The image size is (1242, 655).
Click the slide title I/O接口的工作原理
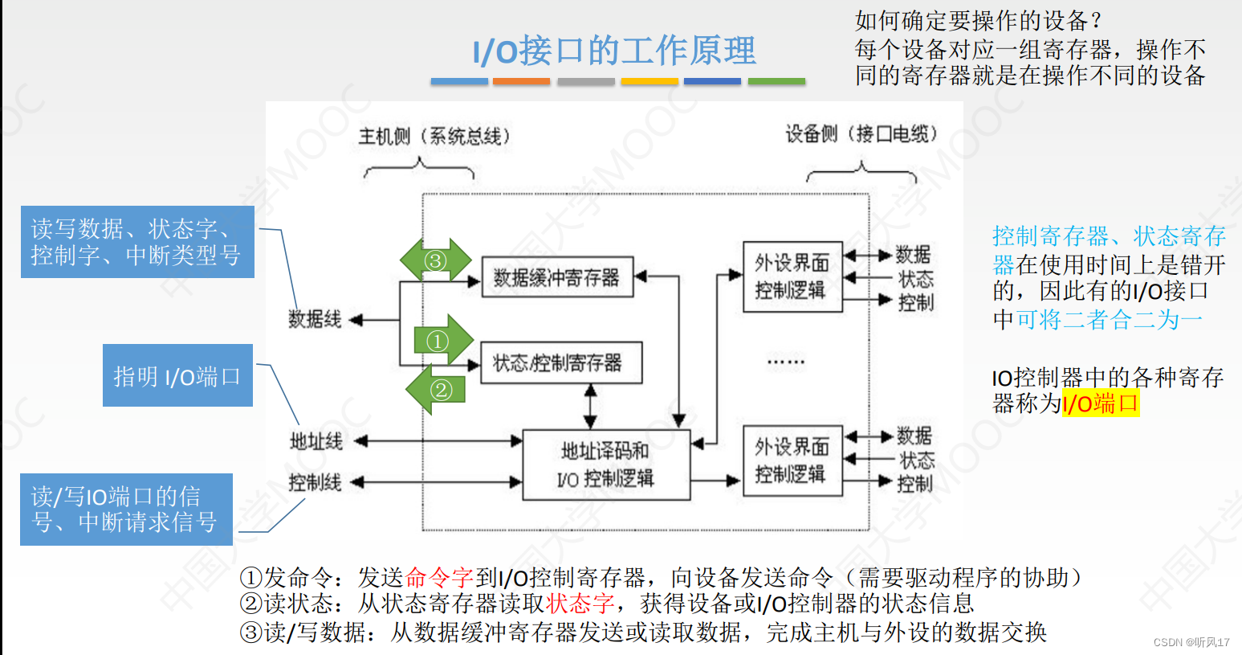(x=614, y=51)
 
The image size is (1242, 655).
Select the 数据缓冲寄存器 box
(x=557, y=277)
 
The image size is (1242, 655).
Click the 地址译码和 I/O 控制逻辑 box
(x=606, y=465)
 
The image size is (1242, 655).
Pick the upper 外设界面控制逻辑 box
(x=792, y=276)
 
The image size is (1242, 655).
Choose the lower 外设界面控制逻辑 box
(x=792, y=461)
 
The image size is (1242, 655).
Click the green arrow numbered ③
(x=436, y=260)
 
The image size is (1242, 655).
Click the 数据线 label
(x=315, y=319)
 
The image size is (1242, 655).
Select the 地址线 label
(x=316, y=440)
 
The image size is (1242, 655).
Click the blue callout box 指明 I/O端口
(x=177, y=375)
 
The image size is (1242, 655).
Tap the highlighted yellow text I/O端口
(x=1100, y=403)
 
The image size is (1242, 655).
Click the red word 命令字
(x=439, y=577)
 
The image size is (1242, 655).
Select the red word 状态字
(x=580, y=603)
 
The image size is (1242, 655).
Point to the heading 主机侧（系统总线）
(x=434, y=136)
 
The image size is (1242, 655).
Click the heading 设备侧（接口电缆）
(x=861, y=133)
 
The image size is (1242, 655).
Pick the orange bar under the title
(x=521, y=81)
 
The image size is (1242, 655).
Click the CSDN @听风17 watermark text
(x=1191, y=642)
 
